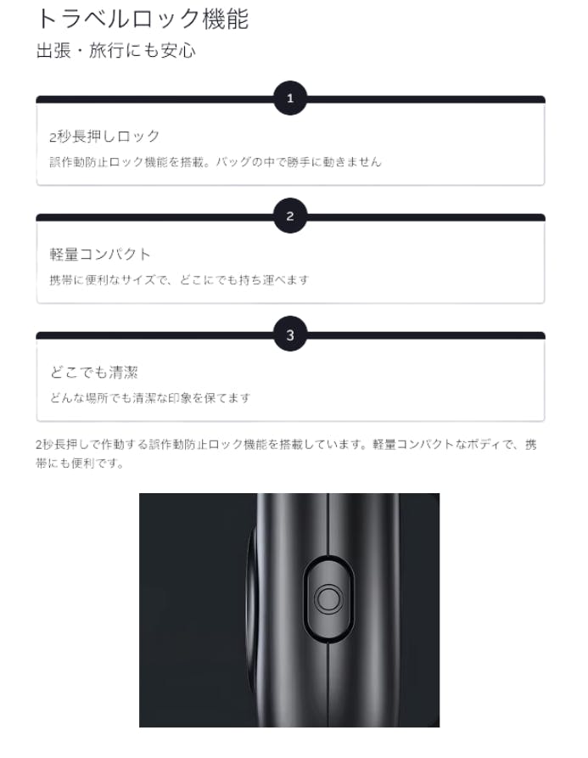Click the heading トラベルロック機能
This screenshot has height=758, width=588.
tap(143, 20)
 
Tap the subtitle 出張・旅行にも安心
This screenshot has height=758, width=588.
tap(116, 50)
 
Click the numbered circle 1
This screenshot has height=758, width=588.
tap(290, 98)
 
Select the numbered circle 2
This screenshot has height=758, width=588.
tap(290, 216)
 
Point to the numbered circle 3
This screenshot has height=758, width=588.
tap(290, 334)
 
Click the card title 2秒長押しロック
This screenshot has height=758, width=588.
tap(104, 137)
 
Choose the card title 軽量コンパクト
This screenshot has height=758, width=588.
tap(100, 255)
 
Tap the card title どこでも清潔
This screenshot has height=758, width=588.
tap(94, 373)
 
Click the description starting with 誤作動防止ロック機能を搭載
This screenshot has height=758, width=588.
tap(216, 161)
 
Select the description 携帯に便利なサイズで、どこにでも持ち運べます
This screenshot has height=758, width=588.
tap(179, 279)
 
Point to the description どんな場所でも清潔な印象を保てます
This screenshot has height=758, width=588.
tap(150, 398)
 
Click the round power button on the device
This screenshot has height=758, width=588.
tap(328, 599)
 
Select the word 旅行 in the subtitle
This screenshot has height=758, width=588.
tap(106, 50)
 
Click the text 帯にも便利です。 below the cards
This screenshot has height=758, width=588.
tap(80, 463)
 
